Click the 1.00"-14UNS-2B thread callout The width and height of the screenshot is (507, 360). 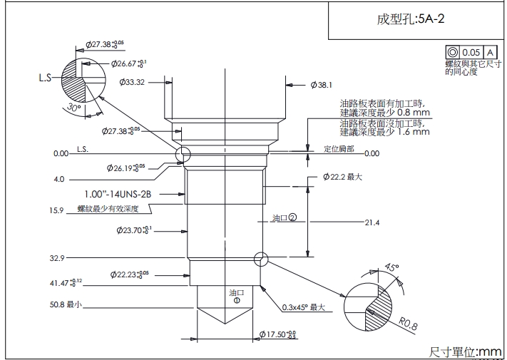pyautogui.click(x=118, y=193)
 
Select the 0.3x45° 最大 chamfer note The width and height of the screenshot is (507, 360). pyautogui.click(x=303, y=307)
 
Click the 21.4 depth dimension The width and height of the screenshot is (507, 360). pyautogui.click(x=372, y=223)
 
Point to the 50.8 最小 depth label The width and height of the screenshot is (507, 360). pyautogui.click(x=66, y=304)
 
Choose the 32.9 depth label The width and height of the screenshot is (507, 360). pyautogui.click(x=57, y=257)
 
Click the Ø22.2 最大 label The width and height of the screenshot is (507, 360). pyautogui.click(x=342, y=176)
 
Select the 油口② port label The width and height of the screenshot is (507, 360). pyautogui.click(x=284, y=218)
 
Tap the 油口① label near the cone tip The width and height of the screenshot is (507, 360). pyautogui.click(x=236, y=296)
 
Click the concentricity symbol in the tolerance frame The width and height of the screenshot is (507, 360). pyautogui.click(x=451, y=53)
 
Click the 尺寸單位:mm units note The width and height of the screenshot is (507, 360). pyautogui.click(x=466, y=351)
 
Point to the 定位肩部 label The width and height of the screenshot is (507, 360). pyautogui.click(x=339, y=149)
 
